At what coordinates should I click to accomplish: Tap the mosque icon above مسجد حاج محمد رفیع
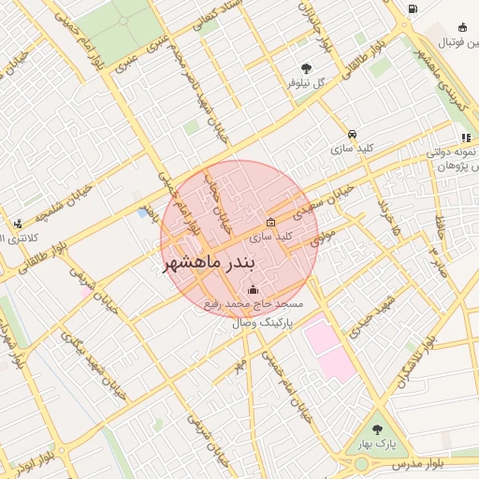click(x=252, y=289)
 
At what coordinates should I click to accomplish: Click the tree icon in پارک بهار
click(x=377, y=429)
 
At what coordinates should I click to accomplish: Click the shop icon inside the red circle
click(x=270, y=223)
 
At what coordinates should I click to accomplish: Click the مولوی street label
click(x=322, y=239)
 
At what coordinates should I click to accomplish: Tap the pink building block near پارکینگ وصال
click(x=329, y=348)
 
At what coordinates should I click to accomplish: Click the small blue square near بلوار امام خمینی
click(x=142, y=213)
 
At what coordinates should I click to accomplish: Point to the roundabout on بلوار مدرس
click(x=361, y=464)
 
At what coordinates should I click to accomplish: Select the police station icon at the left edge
click(x=18, y=224)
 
